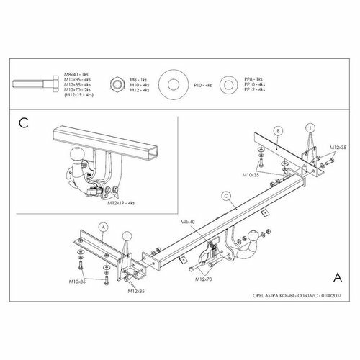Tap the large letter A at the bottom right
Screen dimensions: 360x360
pyautogui.click(x=338, y=276)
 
